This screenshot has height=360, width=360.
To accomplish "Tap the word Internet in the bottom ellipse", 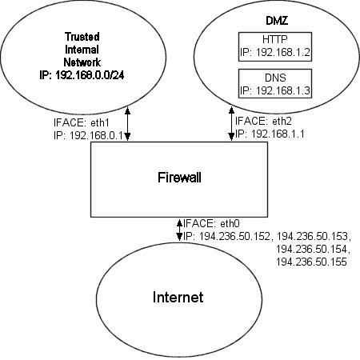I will pyautogui.click(x=178, y=298).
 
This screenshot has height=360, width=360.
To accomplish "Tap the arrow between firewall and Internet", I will pyautogui.click(x=178, y=230).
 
